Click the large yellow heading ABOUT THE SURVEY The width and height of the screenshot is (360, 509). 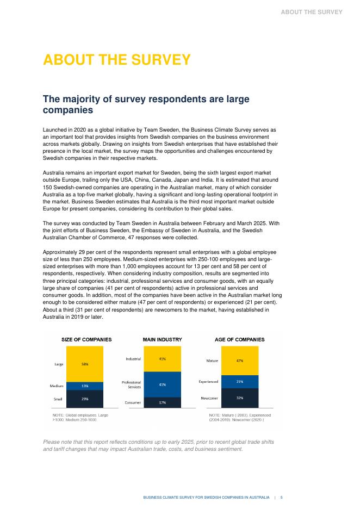117,59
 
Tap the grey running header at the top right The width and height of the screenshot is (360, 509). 312,11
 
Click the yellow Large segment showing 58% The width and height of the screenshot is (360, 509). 85,364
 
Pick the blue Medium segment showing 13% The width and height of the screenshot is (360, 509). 85,386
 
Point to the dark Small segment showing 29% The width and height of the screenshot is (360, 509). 85,399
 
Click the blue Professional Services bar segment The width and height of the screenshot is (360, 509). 162,384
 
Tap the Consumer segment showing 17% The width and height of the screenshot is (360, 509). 162,402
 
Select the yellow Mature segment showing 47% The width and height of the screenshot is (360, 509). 240,360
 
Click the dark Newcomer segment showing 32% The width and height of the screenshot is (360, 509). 240,398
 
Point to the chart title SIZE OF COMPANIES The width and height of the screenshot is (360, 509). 86,339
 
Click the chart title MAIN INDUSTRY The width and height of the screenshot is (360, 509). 162,339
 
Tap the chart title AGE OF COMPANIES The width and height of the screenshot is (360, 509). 240,339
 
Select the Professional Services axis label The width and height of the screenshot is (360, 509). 131,384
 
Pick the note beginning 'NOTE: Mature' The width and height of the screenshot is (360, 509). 240,418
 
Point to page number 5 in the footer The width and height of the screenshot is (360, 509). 281,497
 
